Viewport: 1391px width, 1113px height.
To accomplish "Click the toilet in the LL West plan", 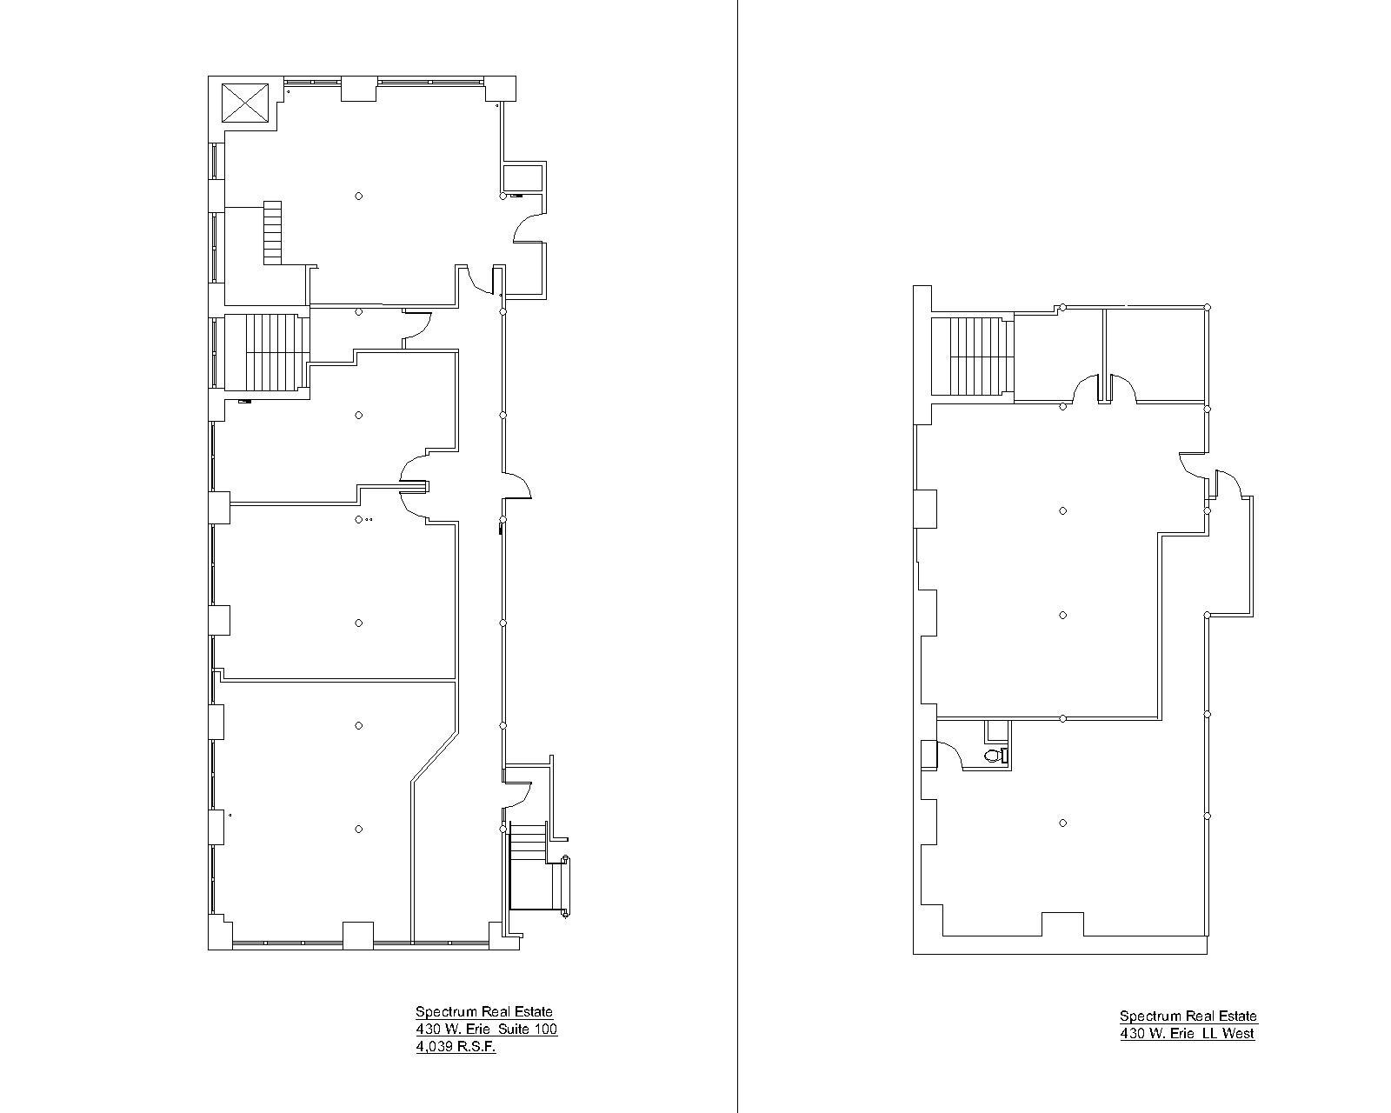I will coord(994,755).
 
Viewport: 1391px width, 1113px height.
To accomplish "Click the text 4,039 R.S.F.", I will coord(456,1047).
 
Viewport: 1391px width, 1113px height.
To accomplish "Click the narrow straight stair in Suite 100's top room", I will coord(273,232).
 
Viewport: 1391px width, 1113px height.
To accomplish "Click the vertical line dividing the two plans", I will coord(737,556).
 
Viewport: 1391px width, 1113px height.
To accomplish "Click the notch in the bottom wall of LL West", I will coord(1062,923).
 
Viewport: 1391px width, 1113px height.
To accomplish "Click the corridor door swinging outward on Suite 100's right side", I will coord(520,485).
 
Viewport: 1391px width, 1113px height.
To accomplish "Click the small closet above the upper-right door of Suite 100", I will coord(523,177).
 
